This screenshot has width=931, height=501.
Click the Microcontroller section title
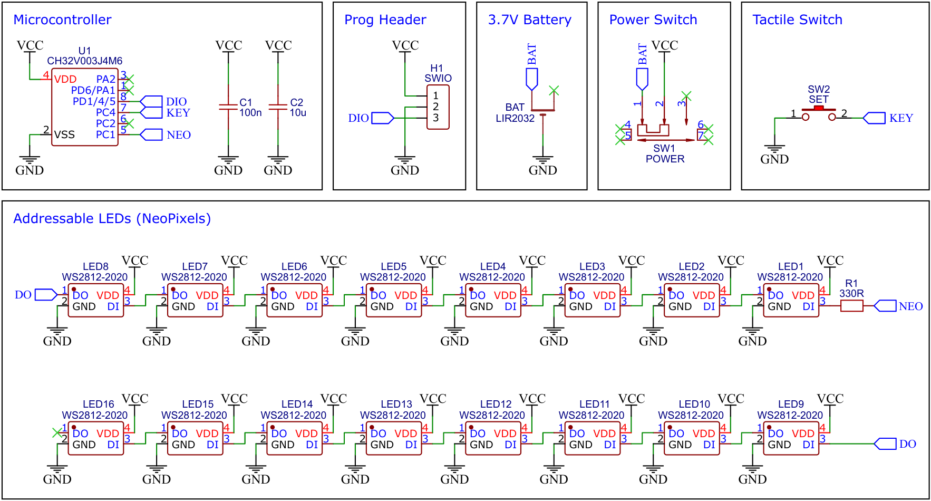[x=62, y=20]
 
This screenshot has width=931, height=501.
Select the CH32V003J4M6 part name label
[x=84, y=61]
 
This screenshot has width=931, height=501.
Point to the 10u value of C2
[x=298, y=113]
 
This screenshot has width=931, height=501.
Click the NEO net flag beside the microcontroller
[x=151, y=134]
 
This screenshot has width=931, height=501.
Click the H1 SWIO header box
[x=438, y=107]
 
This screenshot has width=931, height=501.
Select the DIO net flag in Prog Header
[x=383, y=118]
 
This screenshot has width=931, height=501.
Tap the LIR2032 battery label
[x=515, y=119]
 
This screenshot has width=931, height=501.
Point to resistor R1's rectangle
[x=851, y=306]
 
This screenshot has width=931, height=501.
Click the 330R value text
[x=851, y=294]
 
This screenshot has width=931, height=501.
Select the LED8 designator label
[x=95, y=267]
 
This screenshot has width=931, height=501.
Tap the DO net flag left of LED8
[x=46, y=295]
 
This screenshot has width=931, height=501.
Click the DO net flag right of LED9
[x=885, y=444]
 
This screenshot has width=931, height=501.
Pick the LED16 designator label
[x=98, y=404]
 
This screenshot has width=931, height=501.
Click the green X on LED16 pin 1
[x=57, y=433]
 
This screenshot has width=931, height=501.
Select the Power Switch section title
[x=653, y=20]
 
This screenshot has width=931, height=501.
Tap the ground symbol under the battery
[x=542, y=160]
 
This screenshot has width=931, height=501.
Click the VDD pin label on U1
[x=65, y=80]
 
